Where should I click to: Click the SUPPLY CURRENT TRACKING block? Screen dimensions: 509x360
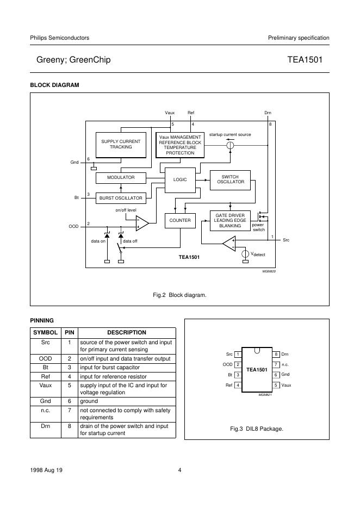tap(121, 144)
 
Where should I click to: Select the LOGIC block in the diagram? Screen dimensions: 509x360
tap(179, 179)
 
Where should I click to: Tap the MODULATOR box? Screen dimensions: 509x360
tap(121, 178)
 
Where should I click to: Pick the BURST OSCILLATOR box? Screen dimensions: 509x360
tap(121, 198)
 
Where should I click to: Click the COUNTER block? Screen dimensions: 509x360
tap(180, 220)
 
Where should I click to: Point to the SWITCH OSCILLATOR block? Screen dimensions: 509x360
tap(231, 179)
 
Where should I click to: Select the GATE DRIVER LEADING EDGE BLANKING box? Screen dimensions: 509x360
tap(230, 220)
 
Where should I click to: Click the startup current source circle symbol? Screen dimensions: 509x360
tap(230, 145)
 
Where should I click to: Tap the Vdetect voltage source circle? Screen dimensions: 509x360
tap(246, 253)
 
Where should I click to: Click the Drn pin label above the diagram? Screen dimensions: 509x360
tap(268, 113)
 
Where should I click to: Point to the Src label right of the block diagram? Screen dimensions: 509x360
tap(286, 240)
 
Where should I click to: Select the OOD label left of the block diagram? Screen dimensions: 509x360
tap(73, 226)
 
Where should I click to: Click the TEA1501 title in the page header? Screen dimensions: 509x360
tap(308, 60)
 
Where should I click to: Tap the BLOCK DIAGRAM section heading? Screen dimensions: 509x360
tap(54, 85)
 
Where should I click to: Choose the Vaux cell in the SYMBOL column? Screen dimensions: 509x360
tap(45, 385)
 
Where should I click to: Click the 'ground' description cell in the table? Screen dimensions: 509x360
tap(89, 401)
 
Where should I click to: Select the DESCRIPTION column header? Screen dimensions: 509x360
tap(127, 332)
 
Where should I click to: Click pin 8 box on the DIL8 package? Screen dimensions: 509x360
tap(276, 355)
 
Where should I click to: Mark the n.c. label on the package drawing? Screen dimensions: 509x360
tap(284, 364)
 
